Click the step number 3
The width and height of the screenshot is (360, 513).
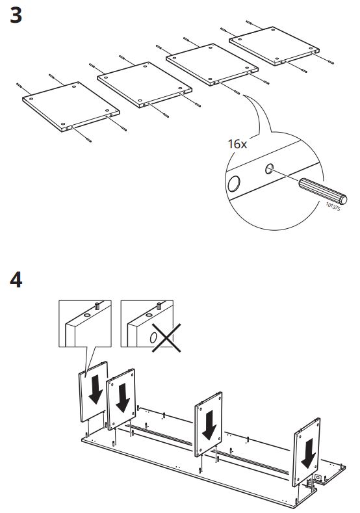tap(16, 16)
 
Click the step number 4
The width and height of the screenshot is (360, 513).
tap(16, 280)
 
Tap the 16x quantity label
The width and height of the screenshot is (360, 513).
tap(237, 144)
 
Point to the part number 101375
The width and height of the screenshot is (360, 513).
tap(333, 207)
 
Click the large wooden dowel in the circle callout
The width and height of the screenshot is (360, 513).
tap(322, 191)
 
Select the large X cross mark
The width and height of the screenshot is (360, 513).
tap(166, 338)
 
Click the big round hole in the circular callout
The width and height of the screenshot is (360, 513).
tap(234, 183)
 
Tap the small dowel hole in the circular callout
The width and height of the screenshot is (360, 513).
tap(269, 169)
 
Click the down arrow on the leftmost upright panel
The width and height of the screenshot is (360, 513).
tap(95, 389)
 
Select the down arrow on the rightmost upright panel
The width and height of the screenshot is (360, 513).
tap(308, 454)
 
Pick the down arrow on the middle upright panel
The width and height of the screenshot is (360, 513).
tap(209, 425)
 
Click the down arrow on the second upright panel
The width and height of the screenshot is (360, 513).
tap(123, 398)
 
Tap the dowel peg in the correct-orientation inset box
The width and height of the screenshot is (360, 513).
tap(97, 306)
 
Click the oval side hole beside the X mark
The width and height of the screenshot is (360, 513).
tap(153, 337)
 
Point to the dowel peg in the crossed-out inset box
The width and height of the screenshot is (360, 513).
tap(159, 306)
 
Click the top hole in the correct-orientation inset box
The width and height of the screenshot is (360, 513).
tap(87, 315)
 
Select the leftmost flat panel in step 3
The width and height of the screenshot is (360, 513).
tap(71, 107)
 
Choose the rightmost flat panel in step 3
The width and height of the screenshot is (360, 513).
tap(274, 46)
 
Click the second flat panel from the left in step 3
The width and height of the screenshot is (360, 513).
tap(144, 85)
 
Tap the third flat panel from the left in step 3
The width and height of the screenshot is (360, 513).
tap(212, 64)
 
